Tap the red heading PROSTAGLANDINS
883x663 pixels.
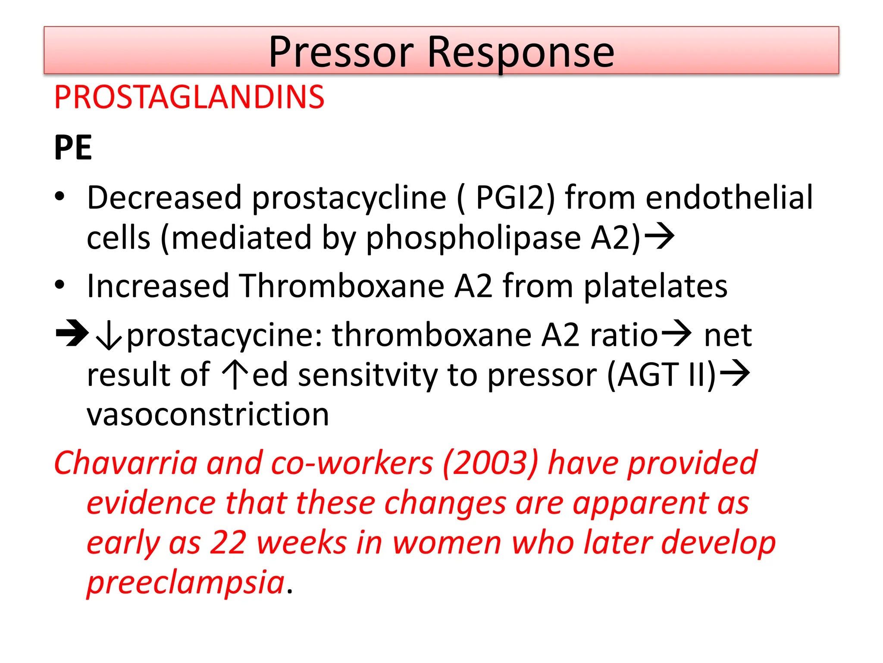coord(189,97)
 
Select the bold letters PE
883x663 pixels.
coord(73,148)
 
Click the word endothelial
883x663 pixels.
coord(729,197)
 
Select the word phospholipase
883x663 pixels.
coord(473,238)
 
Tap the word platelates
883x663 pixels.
coord(655,286)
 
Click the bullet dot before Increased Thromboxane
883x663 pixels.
coord(59,285)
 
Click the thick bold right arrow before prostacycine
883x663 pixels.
coord(72,333)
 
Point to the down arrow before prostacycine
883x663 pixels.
coord(108,336)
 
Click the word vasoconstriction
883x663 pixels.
coord(208,414)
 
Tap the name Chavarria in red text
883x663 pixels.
coord(125,463)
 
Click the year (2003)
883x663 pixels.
coord(490,463)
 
